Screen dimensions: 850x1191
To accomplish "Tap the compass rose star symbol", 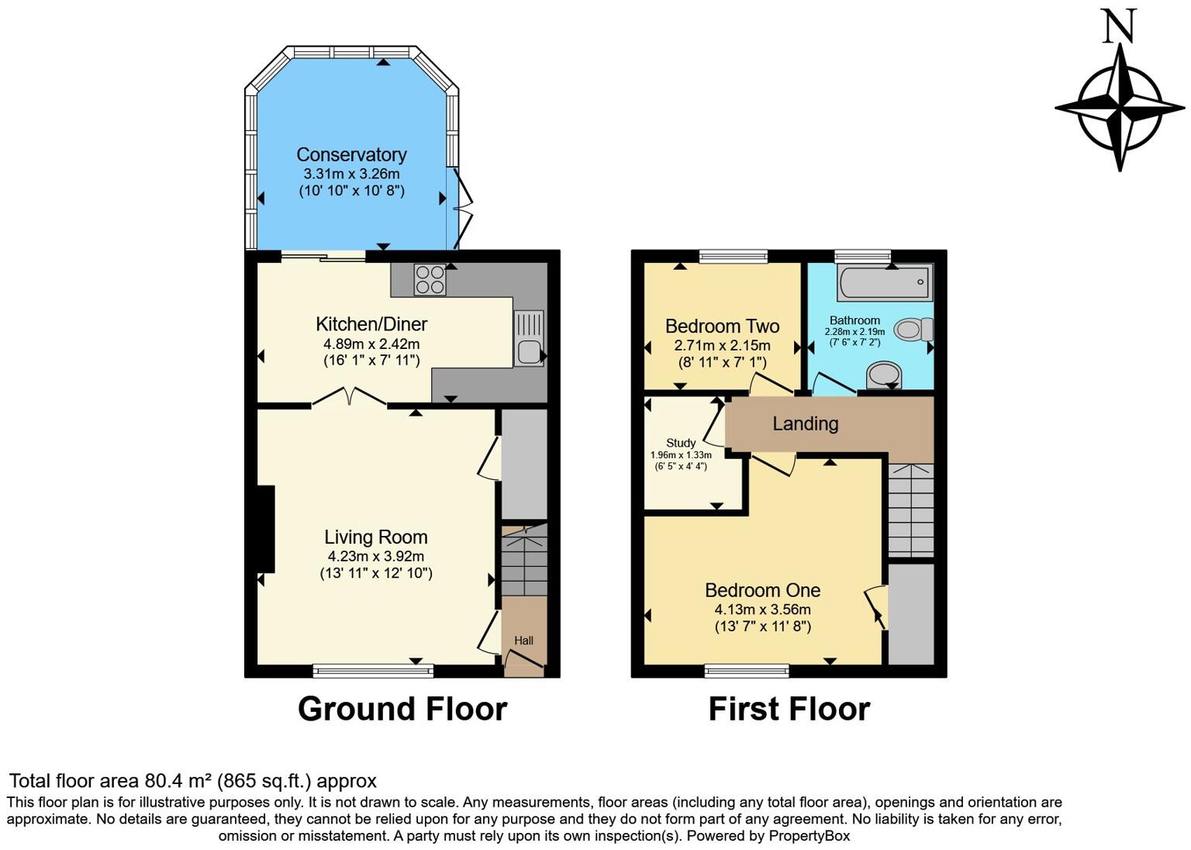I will (1120, 106).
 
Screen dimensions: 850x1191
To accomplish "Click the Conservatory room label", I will (351, 155).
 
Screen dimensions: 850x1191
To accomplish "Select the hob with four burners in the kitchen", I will (430, 280).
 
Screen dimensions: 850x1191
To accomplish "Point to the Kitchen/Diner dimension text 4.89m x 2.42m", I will (371, 344).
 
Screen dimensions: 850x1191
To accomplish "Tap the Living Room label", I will (376, 537).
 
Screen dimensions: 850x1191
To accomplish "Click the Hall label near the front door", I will (523, 641).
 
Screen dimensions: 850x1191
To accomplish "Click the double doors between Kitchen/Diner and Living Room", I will (349, 397).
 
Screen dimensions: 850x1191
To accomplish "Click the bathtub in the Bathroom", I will (885, 282).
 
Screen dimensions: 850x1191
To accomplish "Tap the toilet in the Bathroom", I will (913, 330).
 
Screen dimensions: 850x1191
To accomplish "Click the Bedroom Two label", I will (722, 327).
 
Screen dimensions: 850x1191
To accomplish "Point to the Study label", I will (681, 443).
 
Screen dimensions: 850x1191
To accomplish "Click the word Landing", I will (805, 423).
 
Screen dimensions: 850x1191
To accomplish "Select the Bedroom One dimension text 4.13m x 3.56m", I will (762, 610).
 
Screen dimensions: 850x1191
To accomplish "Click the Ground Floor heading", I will (402, 709).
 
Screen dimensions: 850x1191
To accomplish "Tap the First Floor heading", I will (789, 709).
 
